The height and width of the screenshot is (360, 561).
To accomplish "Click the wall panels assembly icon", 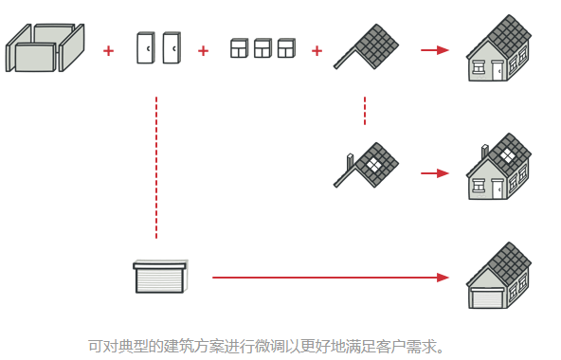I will click(45, 47).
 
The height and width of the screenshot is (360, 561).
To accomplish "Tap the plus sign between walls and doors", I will click(108, 50).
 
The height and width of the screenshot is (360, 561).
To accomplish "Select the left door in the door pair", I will click(145, 48).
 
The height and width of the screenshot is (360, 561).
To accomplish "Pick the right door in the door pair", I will click(171, 48).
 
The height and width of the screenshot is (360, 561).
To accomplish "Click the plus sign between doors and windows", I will click(203, 50).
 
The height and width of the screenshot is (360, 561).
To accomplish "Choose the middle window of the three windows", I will click(262, 48).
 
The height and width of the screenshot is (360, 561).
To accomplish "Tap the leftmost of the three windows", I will click(240, 48).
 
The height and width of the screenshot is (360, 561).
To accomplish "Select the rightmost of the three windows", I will click(286, 48).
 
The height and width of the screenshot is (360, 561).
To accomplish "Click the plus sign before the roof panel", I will click(317, 50).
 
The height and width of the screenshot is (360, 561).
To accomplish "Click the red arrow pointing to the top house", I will click(434, 50).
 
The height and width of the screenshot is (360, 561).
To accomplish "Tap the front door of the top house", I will click(498, 69).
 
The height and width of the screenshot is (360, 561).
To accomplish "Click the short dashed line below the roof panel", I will click(365, 110).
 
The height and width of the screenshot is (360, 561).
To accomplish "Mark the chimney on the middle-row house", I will click(486, 153).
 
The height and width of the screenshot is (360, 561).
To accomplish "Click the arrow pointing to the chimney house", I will click(434, 173).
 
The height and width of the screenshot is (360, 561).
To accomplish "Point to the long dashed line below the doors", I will click(156, 166).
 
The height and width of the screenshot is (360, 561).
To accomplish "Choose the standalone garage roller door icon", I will click(159, 276).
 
